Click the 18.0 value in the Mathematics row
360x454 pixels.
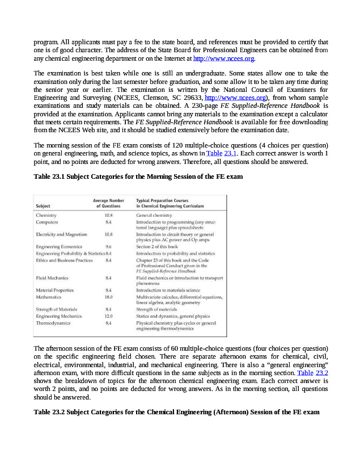coord(108,297)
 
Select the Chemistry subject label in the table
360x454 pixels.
coord(46,216)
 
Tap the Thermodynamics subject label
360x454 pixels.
coord(53,322)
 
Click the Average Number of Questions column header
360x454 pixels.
coord(108,203)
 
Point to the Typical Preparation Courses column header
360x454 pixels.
coord(170,203)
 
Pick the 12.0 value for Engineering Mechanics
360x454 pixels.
coord(108,316)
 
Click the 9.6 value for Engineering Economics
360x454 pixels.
coord(108,247)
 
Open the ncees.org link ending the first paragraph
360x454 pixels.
coord(224,58)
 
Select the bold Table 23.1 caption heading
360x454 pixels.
coord(138,176)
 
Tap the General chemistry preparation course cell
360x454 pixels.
coord(154,216)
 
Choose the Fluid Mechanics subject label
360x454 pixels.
coord(52,278)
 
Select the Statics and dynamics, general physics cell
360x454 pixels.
coord(173,316)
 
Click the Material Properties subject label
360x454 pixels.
coord(54,290)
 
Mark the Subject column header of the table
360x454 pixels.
coord(43,205)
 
